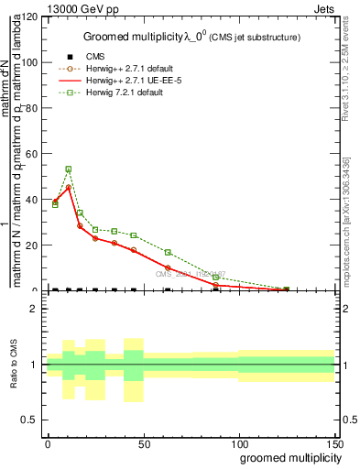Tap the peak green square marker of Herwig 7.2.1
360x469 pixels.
pyautogui.click(x=69, y=169)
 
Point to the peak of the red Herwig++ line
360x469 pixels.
pyautogui.click(x=69, y=187)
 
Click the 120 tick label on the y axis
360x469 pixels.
pyautogui.click(x=30, y=17)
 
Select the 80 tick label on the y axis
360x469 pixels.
pyautogui.click(x=33, y=108)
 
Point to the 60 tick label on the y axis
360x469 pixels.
pyautogui.click(x=33, y=154)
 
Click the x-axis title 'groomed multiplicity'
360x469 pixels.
pyautogui.click(x=289, y=457)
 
